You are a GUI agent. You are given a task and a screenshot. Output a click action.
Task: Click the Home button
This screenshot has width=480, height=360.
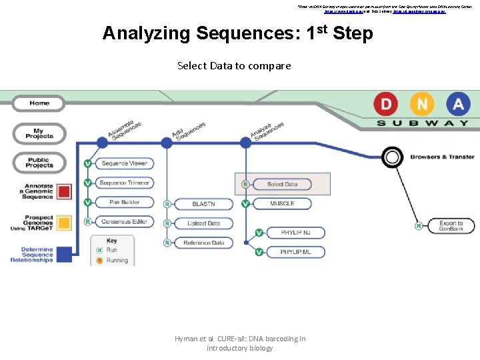click(x=40, y=103)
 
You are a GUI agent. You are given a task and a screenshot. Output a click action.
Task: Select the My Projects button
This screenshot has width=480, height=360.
click(x=40, y=133)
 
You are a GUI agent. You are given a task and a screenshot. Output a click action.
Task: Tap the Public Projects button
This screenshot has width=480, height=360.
click(x=40, y=163)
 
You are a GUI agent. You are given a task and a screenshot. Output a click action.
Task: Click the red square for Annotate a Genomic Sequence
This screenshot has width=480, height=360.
click(x=64, y=192)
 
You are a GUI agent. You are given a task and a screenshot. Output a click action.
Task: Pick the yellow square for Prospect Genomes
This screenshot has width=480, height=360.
click(x=64, y=223)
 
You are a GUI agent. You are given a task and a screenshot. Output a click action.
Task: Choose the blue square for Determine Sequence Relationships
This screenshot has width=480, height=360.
click(x=64, y=255)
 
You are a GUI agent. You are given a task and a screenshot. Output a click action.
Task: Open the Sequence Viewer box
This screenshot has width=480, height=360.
click(x=125, y=163)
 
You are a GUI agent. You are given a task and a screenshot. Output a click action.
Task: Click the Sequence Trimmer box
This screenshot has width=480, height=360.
click(x=125, y=183)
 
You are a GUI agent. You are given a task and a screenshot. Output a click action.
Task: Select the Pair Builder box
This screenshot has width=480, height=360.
click(x=125, y=202)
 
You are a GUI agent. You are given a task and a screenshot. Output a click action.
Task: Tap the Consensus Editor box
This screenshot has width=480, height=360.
click(x=125, y=222)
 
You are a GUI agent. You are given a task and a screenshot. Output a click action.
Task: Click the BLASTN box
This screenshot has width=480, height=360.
click(x=203, y=204)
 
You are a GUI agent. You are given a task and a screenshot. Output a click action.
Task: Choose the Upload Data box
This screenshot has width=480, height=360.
click(x=203, y=223)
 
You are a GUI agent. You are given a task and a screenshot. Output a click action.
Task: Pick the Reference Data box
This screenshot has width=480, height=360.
click(x=203, y=243)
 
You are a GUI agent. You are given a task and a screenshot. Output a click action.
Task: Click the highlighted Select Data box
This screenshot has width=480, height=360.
click(x=282, y=184)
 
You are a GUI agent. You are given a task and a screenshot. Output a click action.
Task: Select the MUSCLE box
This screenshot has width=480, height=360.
click(x=282, y=203)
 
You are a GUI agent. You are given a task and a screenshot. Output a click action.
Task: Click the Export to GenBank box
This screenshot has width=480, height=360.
click(x=451, y=226)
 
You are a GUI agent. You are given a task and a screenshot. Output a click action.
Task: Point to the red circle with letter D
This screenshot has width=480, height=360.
click(x=385, y=104)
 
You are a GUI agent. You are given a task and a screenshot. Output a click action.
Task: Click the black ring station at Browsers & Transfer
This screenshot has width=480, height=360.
click(x=392, y=157)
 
